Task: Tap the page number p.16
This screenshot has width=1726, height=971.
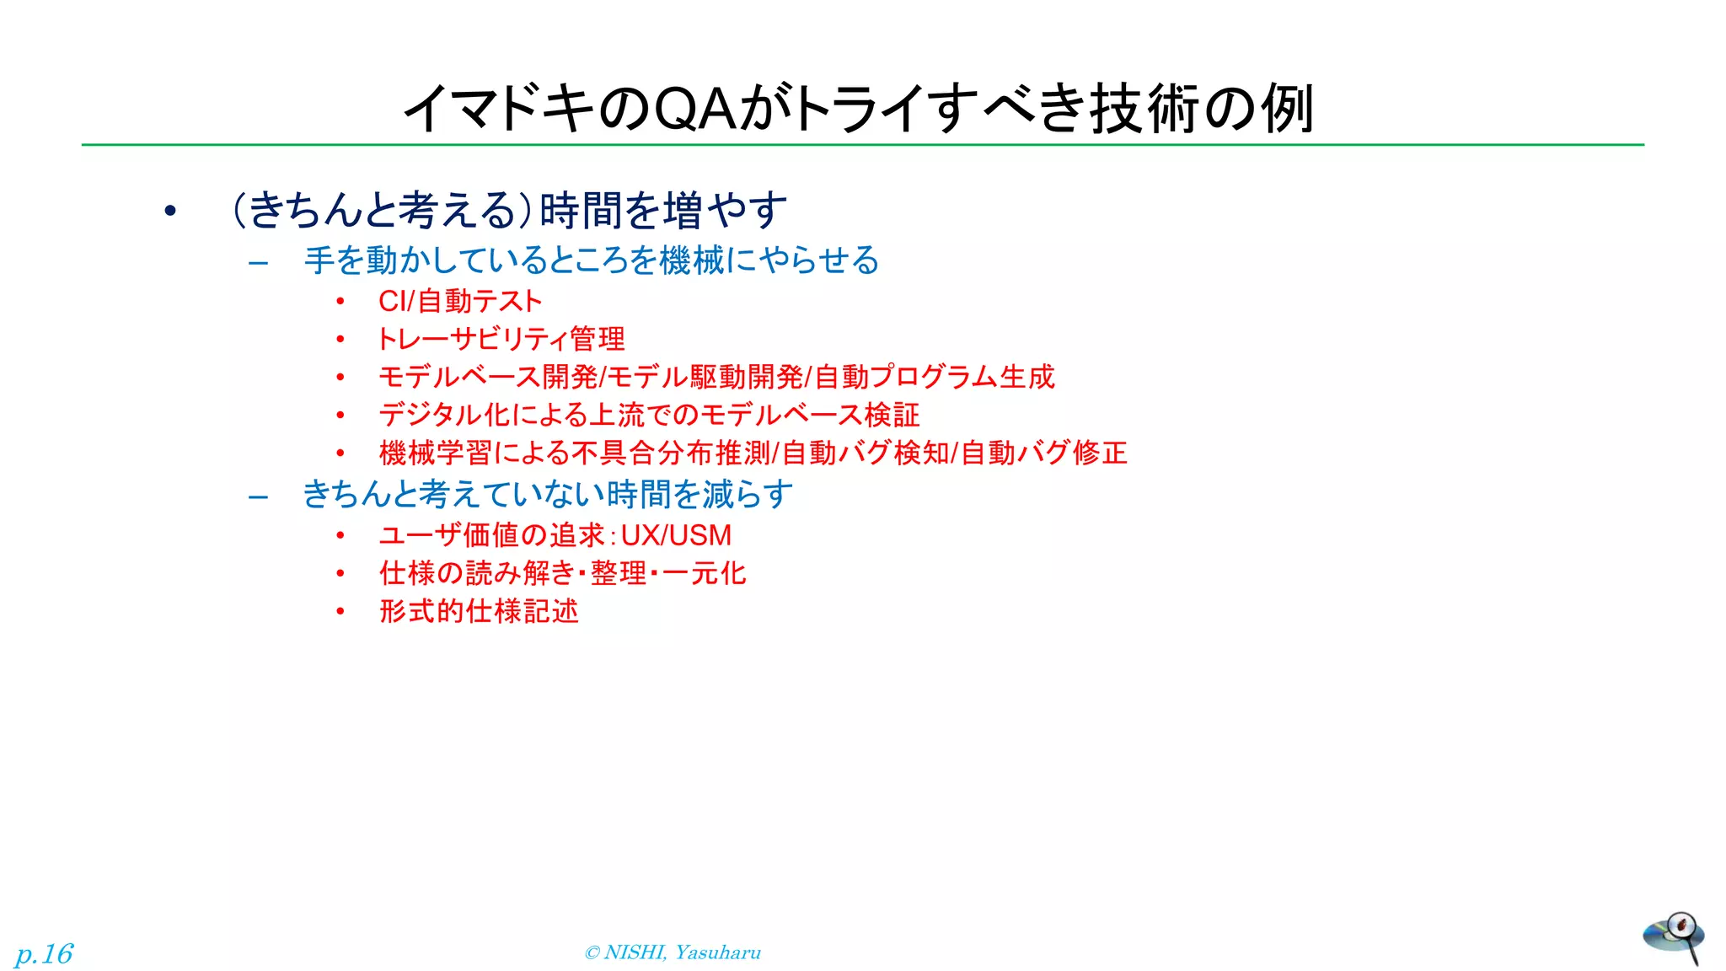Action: point(44,953)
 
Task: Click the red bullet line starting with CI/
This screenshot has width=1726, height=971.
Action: point(459,301)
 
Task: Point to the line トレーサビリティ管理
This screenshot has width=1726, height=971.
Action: point(501,339)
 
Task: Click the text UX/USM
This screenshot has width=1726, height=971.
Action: point(676,535)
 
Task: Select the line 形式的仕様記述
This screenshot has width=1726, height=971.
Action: point(479,611)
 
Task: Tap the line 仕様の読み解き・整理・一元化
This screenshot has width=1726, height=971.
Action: point(562,573)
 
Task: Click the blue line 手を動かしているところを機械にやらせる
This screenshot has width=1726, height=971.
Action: point(591,260)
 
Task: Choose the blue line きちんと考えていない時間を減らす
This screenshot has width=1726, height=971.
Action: point(548,494)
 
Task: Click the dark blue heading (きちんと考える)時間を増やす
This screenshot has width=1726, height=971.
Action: point(509,210)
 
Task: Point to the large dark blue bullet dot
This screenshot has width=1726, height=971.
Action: point(170,211)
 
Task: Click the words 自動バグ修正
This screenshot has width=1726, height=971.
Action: point(1043,453)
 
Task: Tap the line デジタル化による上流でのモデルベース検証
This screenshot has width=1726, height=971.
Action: point(649,415)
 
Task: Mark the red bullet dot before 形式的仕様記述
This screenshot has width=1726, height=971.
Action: point(340,611)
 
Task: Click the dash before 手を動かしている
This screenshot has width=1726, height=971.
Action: point(259,262)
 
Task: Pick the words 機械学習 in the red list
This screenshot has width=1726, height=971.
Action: point(435,453)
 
